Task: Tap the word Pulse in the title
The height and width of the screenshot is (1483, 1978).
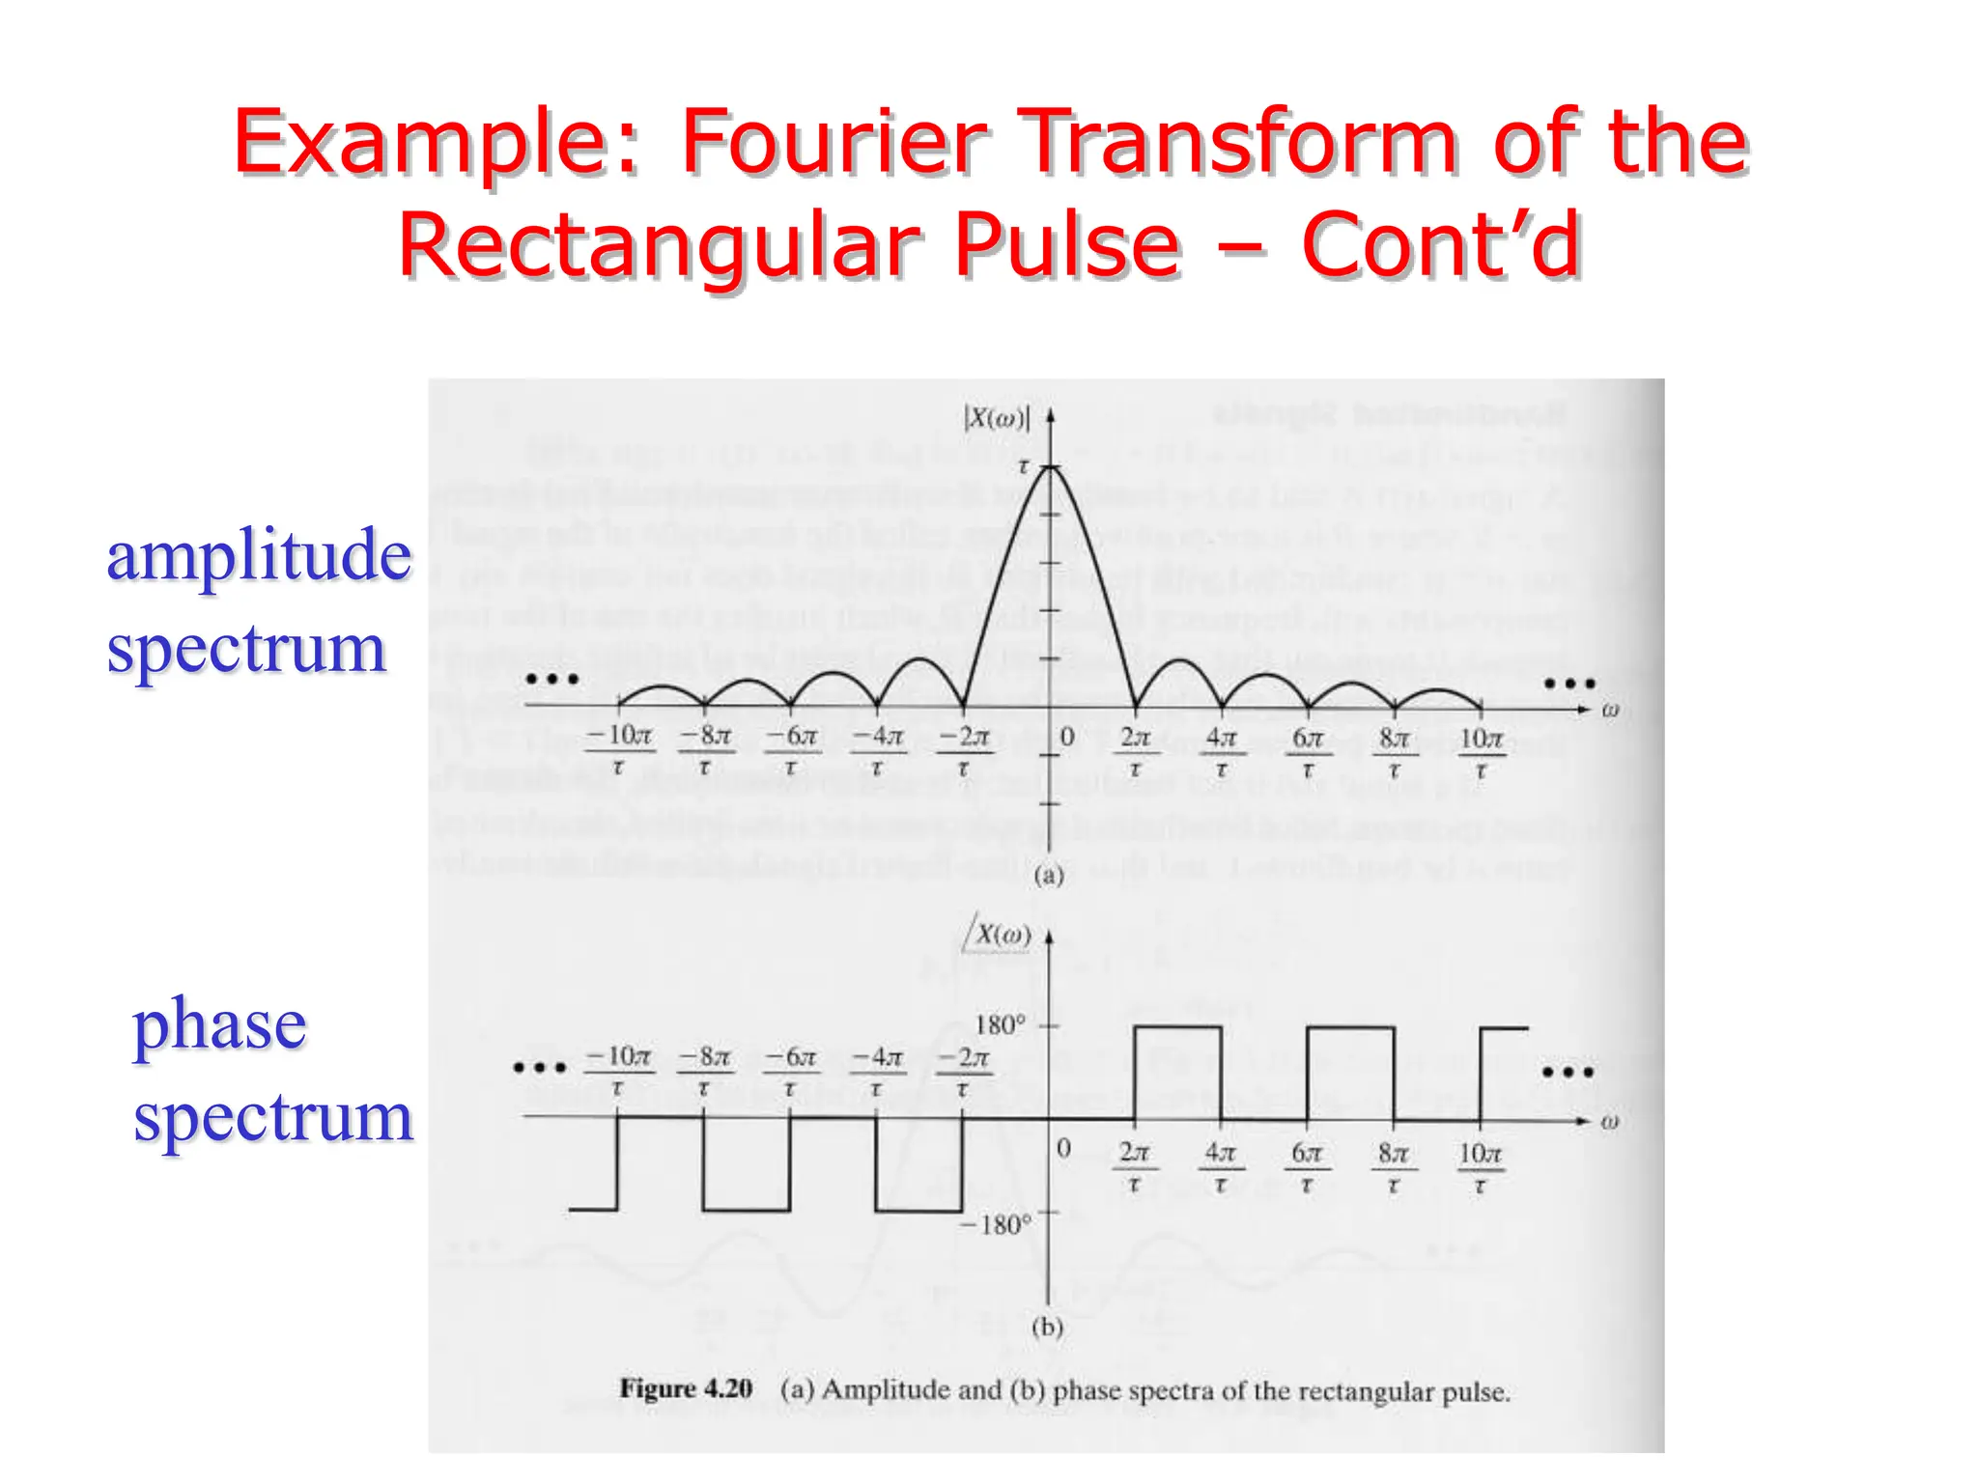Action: pyautogui.click(x=1068, y=245)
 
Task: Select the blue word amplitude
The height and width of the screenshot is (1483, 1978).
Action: pyautogui.click(x=259, y=556)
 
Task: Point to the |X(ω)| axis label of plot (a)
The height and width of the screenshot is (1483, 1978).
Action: pyautogui.click(x=997, y=418)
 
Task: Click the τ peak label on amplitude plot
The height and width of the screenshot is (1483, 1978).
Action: pyautogui.click(x=1024, y=467)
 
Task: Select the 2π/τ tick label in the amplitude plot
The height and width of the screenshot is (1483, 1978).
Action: pyautogui.click(x=1135, y=750)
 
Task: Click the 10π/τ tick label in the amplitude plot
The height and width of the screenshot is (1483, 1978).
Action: pyautogui.click(x=1481, y=750)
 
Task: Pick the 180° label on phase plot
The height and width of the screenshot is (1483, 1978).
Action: pyautogui.click(x=1001, y=1025)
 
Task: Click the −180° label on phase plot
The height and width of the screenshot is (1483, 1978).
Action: pyautogui.click(x=996, y=1225)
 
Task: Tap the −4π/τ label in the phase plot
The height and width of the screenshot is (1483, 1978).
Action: pyautogui.click(x=877, y=1070)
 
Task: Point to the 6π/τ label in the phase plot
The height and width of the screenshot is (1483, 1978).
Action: pyautogui.click(x=1307, y=1165)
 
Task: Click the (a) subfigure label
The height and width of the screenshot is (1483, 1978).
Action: pyautogui.click(x=1049, y=876)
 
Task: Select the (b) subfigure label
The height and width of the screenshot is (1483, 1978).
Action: pyautogui.click(x=1048, y=1328)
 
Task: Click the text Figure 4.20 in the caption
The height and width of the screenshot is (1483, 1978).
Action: pyautogui.click(x=686, y=1389)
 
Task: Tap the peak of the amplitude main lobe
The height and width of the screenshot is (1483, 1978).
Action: pyautogui.click(x=1050, y=467)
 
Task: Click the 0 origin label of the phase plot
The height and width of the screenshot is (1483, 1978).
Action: pyautogui.click(x=1063, y=1148)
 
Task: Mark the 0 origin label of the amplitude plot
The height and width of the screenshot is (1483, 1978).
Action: pyautogui.click(x=1067, y=737)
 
